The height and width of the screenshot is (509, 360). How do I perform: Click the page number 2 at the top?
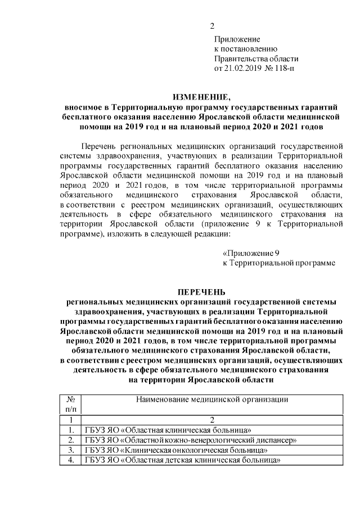pyautogui.click(x=212, y=26)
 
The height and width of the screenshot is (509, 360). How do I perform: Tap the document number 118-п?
pyautogui.click(x=285, y=69)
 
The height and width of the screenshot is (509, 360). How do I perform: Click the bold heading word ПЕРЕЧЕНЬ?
pyautogui.click(x=201, y=291)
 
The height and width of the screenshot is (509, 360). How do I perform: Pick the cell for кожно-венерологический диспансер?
pyautogui.click(x=190, y=440)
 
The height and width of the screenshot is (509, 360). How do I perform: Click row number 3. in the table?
pyautogui.click(x=71, y=450)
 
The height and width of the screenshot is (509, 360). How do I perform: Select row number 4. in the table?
pyautogui.click(x=71, y=460)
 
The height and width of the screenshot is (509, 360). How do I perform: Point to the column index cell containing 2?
pyautogui.click(x=213, y=420)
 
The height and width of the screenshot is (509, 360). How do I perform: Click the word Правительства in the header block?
pyautogui.click(x=241, y=58)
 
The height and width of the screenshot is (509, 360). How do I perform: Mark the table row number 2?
pyautogui.click(x=71, y=440)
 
